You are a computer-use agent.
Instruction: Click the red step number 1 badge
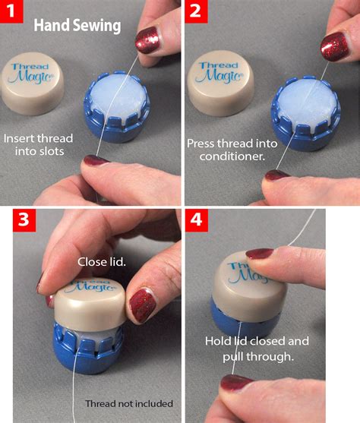[x=13, y=13]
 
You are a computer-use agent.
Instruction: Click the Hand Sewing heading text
[x=77, y=26]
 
